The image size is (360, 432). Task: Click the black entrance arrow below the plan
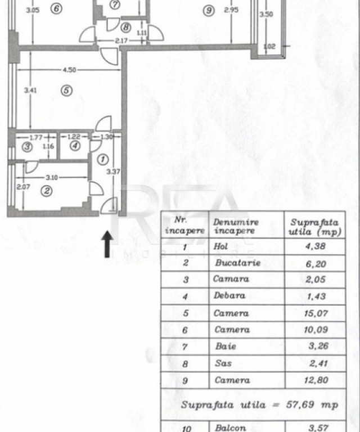click(x=107, y=244)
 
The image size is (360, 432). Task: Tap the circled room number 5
click(x=66, y=91)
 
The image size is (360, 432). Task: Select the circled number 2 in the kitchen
click(x=47, y=191)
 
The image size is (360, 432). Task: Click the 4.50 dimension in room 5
click(x=69, y=70)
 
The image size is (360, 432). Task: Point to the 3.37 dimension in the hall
click(x=113, y=172)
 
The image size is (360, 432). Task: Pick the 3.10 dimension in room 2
click(x=52, y=178)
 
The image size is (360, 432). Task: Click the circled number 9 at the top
click(x=209, y=11)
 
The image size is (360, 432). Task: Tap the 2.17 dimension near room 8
click(x=121, y=40)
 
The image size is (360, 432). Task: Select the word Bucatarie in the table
click(x=238, y=263)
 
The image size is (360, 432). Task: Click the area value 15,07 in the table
click(x=316, y=313)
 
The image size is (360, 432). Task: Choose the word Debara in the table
click(x=229, y=295)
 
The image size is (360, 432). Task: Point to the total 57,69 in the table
click(x=300, y=404)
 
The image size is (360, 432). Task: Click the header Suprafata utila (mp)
click(x=315, y=227)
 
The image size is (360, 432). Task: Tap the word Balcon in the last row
click(x=230, y=428)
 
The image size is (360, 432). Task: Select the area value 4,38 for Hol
click(x=316, y=246)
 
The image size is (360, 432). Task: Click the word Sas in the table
click(x=223, y=363)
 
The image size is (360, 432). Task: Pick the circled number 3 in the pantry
click(x=27, y=147)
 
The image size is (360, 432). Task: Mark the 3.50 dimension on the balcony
click(x=266, y=14)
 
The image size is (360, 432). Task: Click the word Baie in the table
click(x=226, y=346)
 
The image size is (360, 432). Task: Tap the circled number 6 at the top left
click(x=56, y=8)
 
